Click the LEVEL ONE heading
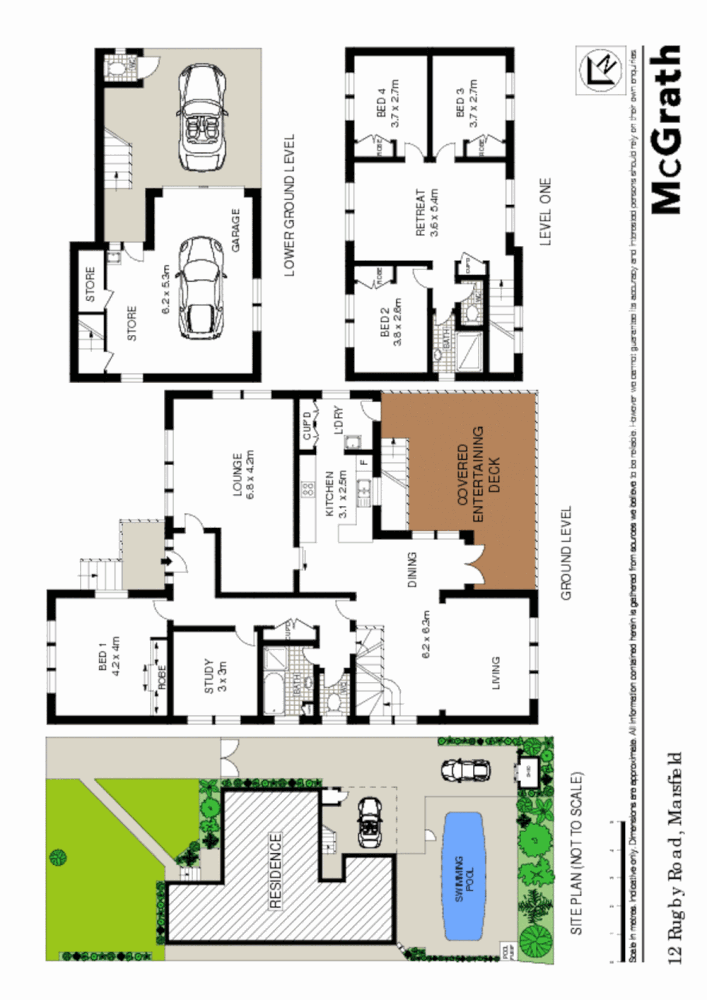[546, 220]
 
